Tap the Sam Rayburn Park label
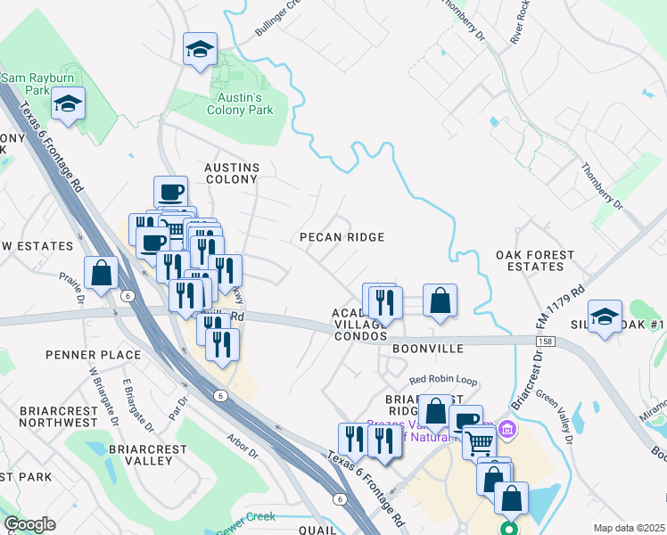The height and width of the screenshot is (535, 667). [24, 84]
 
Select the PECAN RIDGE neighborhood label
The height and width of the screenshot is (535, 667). [342, 237]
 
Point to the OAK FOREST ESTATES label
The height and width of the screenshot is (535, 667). [535, 260]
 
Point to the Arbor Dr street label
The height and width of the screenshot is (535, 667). [243, 446]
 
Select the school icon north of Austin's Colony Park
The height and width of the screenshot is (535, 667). [200, 49]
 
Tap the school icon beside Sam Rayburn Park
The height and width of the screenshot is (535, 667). [68, 104]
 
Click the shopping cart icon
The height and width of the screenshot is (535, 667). [480, 440]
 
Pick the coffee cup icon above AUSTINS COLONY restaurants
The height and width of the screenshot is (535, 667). [170, 192]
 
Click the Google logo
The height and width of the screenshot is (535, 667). [29, 524]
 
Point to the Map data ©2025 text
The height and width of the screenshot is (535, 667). [629, 528]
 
